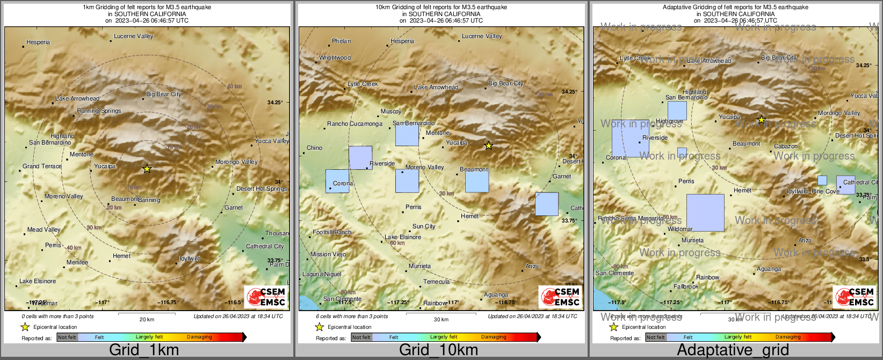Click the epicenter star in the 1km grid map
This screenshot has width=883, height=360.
147,169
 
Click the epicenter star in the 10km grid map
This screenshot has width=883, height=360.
488,146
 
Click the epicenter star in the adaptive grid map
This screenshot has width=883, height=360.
761,120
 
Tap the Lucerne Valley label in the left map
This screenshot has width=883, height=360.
134,37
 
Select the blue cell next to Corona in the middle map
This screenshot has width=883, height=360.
337,181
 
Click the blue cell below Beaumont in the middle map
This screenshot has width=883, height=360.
477,182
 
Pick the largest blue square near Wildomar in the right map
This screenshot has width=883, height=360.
705,213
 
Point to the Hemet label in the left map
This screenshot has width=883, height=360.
121,256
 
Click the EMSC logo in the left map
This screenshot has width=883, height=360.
266,297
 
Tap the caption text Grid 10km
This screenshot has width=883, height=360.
438,350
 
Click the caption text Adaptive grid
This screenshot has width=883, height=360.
733,350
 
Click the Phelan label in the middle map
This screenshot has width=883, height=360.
341,41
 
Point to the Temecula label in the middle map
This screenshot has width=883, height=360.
436,282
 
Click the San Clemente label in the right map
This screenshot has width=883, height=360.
614,273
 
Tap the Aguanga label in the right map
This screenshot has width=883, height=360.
769,269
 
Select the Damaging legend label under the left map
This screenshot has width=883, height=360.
199,337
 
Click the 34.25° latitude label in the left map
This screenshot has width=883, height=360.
275,102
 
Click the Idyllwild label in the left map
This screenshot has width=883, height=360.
190,259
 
